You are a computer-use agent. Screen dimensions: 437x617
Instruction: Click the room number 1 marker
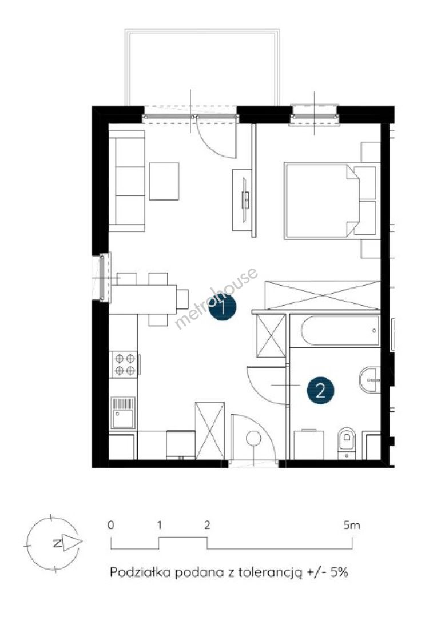223,307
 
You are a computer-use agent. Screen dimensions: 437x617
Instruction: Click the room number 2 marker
320,391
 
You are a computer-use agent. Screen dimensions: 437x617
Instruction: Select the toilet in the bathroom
347,443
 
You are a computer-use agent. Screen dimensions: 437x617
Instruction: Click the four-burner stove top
125,364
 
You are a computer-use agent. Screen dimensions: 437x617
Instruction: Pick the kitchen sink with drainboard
124,413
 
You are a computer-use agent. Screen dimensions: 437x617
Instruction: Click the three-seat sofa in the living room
127,181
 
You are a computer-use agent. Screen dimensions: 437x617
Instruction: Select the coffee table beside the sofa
164,181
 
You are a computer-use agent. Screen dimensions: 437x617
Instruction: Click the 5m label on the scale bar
352,524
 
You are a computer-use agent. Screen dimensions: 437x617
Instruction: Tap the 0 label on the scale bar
111,524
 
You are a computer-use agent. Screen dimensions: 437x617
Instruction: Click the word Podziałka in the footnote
140,572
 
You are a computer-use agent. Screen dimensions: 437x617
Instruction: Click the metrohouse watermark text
216,298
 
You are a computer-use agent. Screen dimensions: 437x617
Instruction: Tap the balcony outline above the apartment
202,67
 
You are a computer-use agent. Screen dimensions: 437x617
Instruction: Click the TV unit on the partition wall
244,200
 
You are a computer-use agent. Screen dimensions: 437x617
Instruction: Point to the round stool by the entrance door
253,438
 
